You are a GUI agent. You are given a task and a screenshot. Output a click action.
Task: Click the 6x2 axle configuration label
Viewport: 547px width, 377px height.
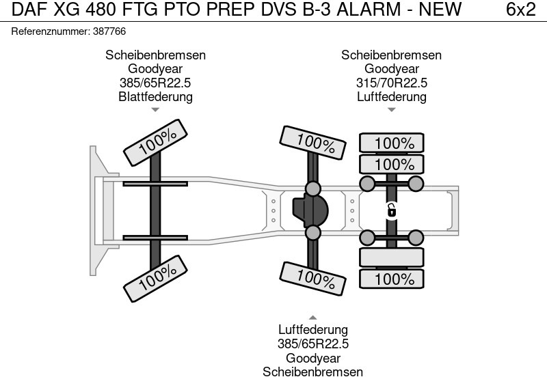[520, 10]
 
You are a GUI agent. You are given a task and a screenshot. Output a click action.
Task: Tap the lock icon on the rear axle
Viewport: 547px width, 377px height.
[392, 210]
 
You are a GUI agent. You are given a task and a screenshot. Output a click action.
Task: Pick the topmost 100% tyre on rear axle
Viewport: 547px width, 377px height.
[392, 143]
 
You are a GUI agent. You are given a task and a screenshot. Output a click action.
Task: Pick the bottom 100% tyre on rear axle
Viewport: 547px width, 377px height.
[392, 279]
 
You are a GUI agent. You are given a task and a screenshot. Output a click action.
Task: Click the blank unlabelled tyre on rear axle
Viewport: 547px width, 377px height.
[392, 257]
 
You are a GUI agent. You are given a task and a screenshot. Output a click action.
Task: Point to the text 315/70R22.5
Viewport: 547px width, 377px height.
[392, 83]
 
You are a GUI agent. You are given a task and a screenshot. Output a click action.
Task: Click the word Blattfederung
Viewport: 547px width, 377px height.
[155, 96]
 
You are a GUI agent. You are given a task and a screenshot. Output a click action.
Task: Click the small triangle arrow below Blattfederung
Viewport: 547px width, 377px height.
[155, 109]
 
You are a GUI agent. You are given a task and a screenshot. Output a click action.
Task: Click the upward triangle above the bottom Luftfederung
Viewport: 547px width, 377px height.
[312, 318]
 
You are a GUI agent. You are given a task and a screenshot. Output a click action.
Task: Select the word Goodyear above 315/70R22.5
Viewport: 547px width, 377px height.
[392, 69]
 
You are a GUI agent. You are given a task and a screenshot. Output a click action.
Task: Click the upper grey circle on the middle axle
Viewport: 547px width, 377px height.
[312, 188]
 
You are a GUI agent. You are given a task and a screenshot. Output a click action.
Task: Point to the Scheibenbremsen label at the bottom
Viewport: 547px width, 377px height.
[312, 371]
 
